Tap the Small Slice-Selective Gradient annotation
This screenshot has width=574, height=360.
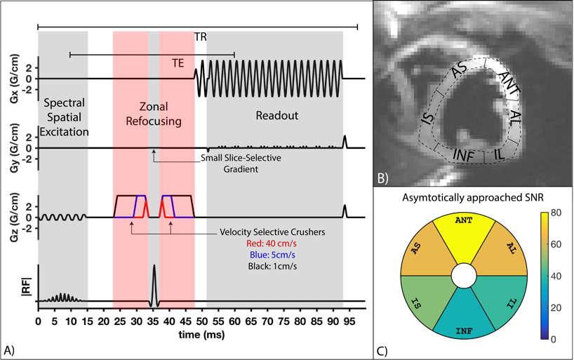(240, 163)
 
